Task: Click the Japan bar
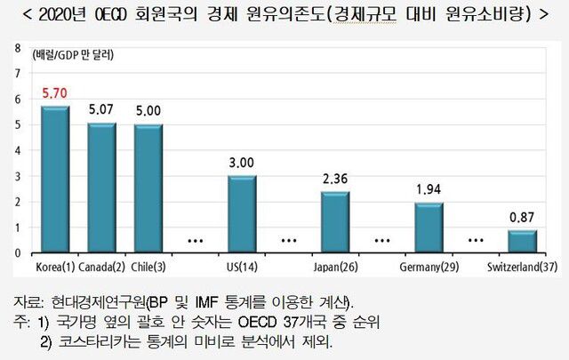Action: click(x=335, y=221)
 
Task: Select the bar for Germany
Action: click(x=429, y=227)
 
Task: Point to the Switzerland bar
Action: click(x=522, y=241)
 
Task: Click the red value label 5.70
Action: click(x=55, y=92)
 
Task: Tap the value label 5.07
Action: click(x=101, y=110)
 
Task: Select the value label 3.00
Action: click(x=242, y=163)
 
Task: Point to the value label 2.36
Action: click(x=335, y=179)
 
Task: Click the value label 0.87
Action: click(x=522, y=217)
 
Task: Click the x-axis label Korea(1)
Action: click(x=54, y=266)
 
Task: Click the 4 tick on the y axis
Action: click(x=19, y=150)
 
